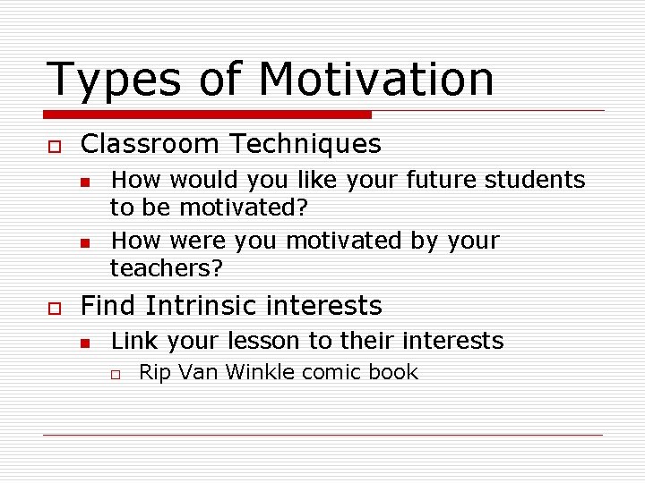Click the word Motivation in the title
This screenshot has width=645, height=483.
point(375,79)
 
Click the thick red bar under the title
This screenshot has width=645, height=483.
point(207,114)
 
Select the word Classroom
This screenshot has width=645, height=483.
point(146,144)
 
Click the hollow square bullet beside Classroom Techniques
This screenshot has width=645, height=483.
point(53,146)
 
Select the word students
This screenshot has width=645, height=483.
point(535,180)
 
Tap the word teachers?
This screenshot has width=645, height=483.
point(166,268)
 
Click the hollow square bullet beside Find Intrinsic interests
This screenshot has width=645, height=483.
point(53,308)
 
